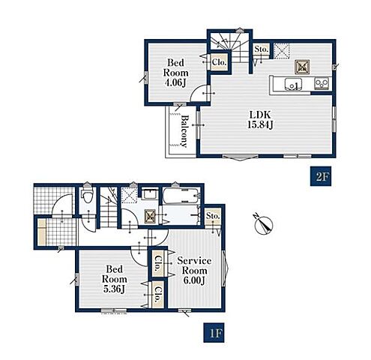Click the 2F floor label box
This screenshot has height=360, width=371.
[x=321, y=176]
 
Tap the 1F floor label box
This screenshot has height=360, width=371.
[x=214, y=333]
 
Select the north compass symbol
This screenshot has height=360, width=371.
[x=264, y=224]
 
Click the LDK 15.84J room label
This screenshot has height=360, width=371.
[x=260, y=119]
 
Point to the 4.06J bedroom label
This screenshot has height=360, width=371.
[x=175, y=73]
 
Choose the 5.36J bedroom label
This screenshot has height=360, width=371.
[x=115, y=279]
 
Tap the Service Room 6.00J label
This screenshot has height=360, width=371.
[x=194, y=271]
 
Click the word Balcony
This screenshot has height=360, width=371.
[x=184, y=130]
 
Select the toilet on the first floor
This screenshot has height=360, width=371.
[x=87, y=196]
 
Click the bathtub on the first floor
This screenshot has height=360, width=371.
[x=181, y=196]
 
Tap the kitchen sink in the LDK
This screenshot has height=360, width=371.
[x=293, y=84]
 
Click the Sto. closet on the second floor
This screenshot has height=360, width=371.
[x=262, y=49]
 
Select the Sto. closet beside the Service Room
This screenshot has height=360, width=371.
[x=213, y=216]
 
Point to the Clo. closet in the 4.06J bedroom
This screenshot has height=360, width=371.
[x=219, y=62]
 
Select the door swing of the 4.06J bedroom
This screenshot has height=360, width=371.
[x=200, y=93]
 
